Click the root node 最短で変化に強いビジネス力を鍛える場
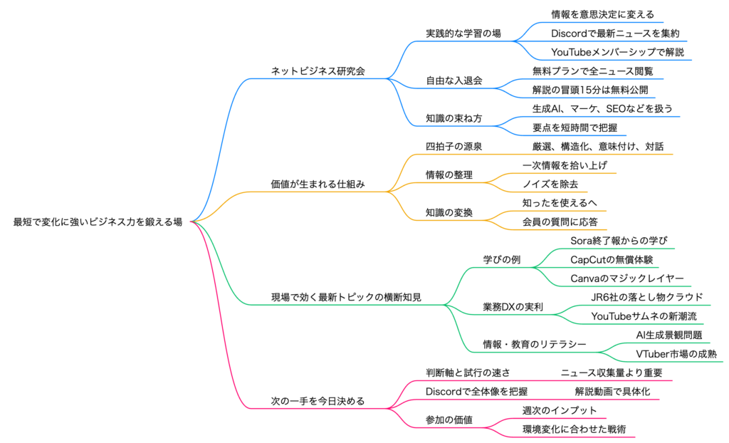98,221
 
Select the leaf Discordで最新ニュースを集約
609,33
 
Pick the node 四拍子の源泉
454,147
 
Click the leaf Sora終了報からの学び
619,241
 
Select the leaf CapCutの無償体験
612,259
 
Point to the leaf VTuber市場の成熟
676,354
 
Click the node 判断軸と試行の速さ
468,372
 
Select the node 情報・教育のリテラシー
535,344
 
